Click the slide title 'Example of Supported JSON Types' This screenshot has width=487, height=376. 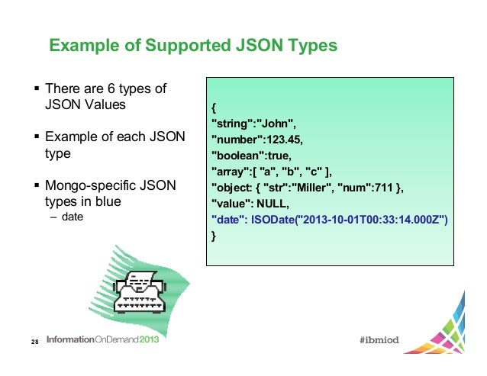click(192, 47)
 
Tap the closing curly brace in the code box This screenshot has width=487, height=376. click(214, 237)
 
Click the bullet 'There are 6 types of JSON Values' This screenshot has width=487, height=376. click(105, 97)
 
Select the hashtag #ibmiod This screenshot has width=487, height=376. click(384, 340)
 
